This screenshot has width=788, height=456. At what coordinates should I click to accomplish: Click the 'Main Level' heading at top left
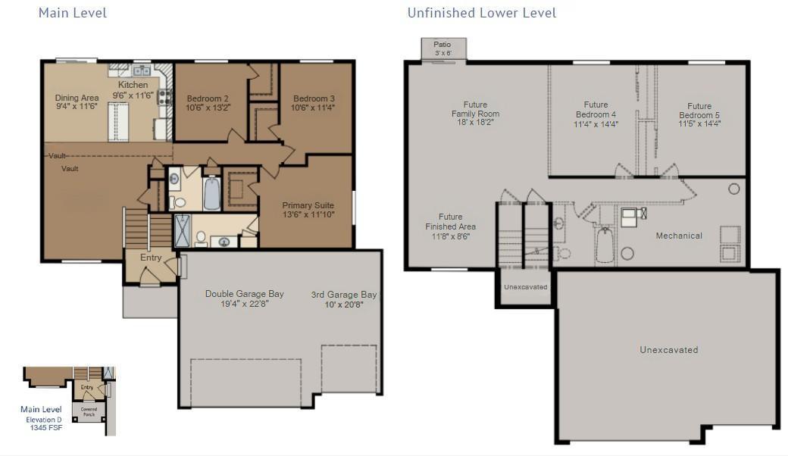(73, 13)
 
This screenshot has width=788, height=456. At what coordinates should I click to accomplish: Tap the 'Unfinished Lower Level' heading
(481, 13)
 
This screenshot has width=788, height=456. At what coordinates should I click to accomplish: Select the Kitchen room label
(133, 85)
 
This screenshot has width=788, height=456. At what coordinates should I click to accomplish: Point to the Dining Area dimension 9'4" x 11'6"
(77, 107)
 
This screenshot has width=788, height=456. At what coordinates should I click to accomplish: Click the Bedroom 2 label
(208, 98)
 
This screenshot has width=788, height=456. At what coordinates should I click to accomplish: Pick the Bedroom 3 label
(314, 98)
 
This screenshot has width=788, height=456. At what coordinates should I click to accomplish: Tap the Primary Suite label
(308, 205)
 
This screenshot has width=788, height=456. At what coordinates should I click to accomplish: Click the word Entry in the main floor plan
(151, 258)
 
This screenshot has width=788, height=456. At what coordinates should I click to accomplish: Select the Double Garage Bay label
(244, 294)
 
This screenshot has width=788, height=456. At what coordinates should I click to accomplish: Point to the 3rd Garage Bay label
(344, 295)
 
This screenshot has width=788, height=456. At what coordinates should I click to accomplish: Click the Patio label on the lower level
(442, 44)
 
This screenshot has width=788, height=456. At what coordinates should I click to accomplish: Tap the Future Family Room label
(475, 109)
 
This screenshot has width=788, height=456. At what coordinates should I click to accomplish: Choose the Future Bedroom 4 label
(596, 110)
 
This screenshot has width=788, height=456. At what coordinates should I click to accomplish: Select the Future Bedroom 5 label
(699, 111)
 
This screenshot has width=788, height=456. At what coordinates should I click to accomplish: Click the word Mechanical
(679, 236)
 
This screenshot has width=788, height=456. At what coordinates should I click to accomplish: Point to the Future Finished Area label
(450, 221)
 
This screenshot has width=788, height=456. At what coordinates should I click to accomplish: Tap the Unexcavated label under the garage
(669, 349)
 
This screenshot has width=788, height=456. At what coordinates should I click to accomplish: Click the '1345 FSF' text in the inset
(46, 428)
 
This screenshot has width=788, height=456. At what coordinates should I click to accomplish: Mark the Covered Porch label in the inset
(89, 412)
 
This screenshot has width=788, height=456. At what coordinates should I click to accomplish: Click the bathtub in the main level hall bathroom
(212, 193)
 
